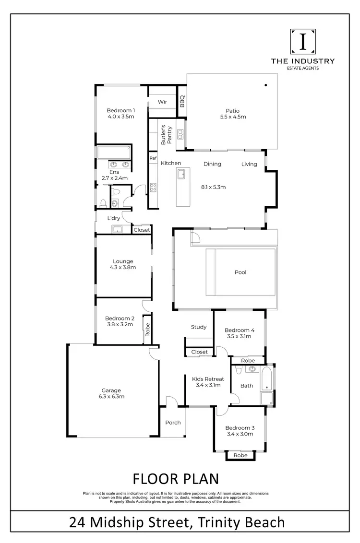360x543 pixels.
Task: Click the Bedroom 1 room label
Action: coord(120,110)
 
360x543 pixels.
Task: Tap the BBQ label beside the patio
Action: coord(182,101)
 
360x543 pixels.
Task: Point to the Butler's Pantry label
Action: coord(166,135)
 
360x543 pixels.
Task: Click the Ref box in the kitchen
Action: coord(153,158)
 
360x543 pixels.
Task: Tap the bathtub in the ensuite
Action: coord(114,153)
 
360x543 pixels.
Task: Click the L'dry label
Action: coord(114,218)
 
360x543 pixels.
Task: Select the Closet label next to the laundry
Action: coord(142,230)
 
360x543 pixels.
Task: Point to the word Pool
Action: coord(240,272)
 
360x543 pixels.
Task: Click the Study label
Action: coord(199,327)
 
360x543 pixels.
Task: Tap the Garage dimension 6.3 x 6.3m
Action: coord(111,397)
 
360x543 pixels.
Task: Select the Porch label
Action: coord(173,423)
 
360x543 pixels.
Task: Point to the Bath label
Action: coord(247,385)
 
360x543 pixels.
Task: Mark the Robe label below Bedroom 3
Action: coord(240,455)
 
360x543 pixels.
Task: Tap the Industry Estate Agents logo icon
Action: coord(303,42)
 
